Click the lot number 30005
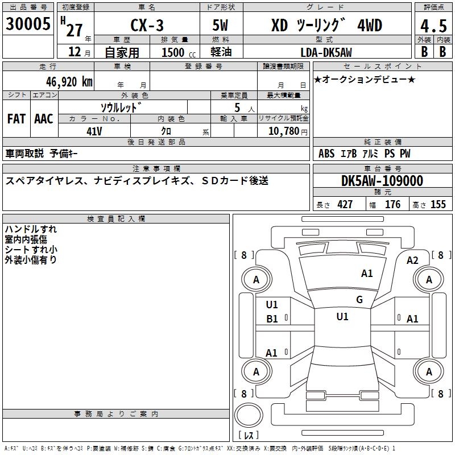coord(28,24)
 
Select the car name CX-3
coord(147,25)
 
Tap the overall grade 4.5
coord(433,26)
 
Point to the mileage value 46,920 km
coord(69,82)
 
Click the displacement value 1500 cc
coord(179,52)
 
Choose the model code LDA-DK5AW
coord(326,52)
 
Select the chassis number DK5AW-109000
coord(382,181)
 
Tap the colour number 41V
coord(94,131)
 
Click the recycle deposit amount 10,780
coord(283,131)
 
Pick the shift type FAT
coord(16,119)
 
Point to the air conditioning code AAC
coord(44,119)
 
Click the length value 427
coord(345,204)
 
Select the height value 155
coord(438,204)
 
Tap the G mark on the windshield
coord(359,299)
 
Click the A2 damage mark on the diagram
coord(412,260)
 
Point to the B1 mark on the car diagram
coord(272,319)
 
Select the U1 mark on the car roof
coord(342,316)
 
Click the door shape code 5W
coord(220,25)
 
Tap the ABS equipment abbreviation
coord(326,154)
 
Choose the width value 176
coord(393,204)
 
